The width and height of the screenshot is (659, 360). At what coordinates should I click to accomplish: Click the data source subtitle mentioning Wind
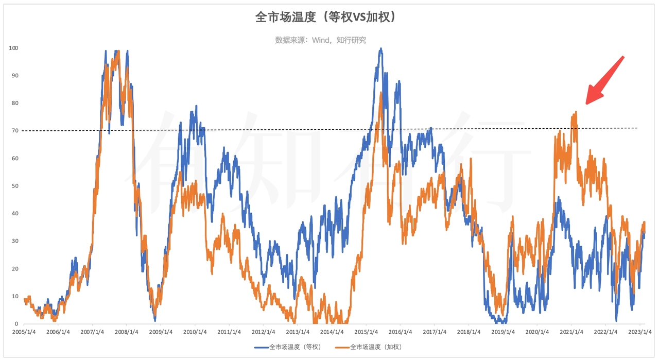[x=320, y=40]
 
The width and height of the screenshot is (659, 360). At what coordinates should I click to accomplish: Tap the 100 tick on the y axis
[x=13, y=48]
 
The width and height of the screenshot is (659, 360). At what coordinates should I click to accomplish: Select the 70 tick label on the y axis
[x=14, y=131]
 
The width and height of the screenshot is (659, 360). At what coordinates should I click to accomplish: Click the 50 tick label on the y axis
[x=14, y=186]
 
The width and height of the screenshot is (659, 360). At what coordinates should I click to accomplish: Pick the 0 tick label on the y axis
[x=16, y=324]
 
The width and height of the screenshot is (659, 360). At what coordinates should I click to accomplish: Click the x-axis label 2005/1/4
[x=25, y=332]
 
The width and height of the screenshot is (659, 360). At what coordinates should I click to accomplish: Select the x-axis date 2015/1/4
[x=367, y=332]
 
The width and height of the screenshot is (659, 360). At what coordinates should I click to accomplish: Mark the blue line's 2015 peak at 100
[x=380, y=48]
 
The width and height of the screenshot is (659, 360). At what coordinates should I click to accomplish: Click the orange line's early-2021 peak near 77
[x=575, y=112]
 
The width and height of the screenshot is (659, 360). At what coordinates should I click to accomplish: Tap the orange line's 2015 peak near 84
[x=380, y=93]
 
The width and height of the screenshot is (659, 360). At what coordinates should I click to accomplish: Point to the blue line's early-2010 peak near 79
[x=196, y=106]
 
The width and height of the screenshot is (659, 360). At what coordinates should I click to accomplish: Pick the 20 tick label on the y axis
[x=14, y=269]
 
